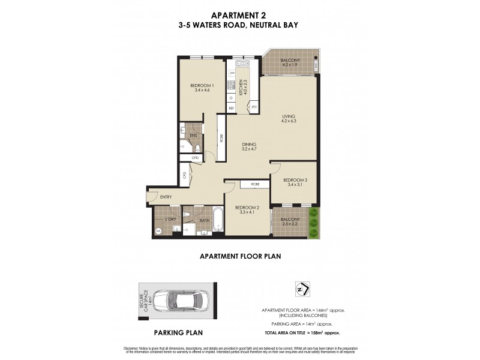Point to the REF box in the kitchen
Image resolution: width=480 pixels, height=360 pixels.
[231, 108]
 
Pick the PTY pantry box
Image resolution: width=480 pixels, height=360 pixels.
[254, 107]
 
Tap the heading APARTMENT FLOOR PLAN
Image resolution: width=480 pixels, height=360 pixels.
[239, 256]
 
